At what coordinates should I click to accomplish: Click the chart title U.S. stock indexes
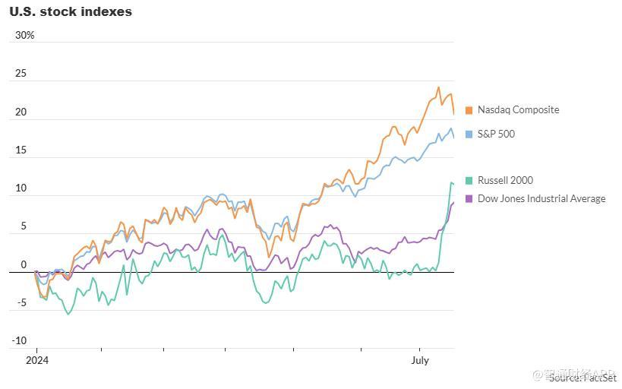coord(71,12)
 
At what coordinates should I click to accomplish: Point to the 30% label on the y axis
coord(25,36)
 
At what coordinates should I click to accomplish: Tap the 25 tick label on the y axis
coord(21,74)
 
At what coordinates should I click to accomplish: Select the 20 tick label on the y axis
coord(21,112)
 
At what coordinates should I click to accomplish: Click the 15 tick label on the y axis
coord(21,150)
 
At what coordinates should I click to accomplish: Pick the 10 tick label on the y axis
coord(21,188)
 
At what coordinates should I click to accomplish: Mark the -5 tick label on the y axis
coord(22,303)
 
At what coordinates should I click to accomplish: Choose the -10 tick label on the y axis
coord(19,341)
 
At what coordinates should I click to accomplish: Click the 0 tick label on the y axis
coord(24,265)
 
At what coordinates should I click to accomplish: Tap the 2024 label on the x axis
coord(36,361)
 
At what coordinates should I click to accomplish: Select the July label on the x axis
coord(420,361)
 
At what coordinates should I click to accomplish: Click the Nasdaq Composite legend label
coord(518,110)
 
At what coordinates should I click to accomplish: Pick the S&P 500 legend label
coord(496,134)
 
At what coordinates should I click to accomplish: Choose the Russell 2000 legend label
coord(505,181)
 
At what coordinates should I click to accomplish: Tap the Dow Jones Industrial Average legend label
coord(541,199)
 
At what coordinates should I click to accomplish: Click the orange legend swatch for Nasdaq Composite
coord(469,111)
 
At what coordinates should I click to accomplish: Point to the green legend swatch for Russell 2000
coord(469,181)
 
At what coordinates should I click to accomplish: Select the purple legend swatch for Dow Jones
coord(469,199)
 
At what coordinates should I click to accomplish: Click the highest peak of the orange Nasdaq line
coord(439,87)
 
